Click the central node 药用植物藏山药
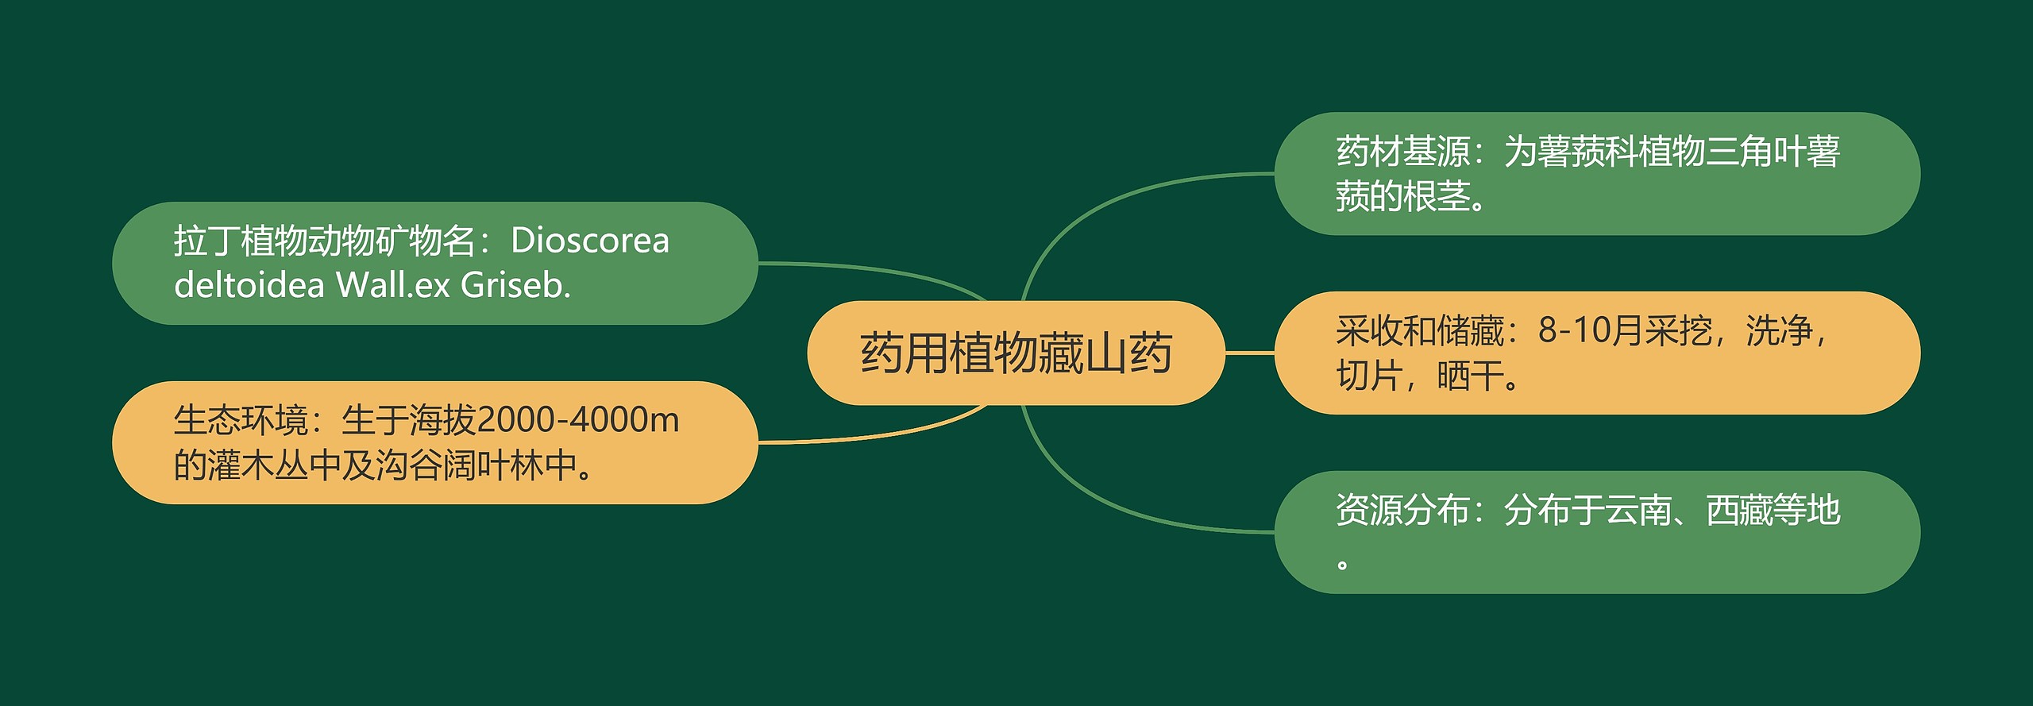coord(1016,353)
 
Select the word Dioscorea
coord(590,241)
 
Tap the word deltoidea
coord(249,285)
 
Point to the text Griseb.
coord(515,285)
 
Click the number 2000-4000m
coord(578,420)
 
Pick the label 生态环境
coord(241,420)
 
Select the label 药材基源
coord(1403,152)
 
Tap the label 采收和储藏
coord(1420,330)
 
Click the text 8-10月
coord(1591,330)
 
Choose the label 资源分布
coord(1403,510)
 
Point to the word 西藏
coord(1739,510)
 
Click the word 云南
coord(1638,510)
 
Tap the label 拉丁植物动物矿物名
coord(325,241)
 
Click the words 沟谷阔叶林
coord(459,465)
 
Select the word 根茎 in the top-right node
coord(1437,196)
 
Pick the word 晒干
coord(1471,376)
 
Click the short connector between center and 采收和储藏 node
coord(1250,353)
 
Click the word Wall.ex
coord(393,285)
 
